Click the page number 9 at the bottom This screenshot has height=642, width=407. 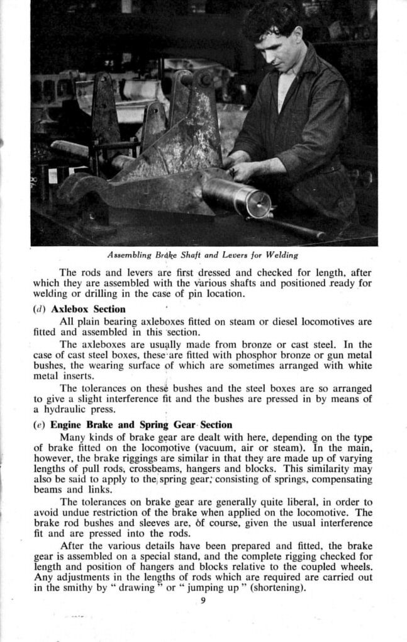[203, 600]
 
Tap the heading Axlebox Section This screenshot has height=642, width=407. [88, 309]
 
